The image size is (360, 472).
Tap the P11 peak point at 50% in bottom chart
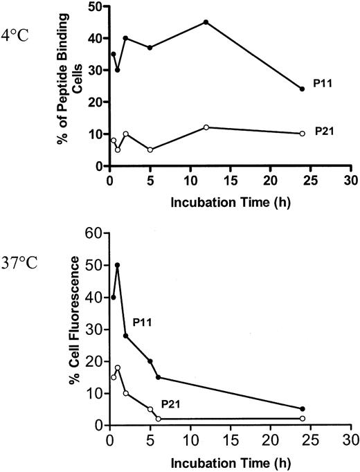pyautogui.click(x=118, y=265)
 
